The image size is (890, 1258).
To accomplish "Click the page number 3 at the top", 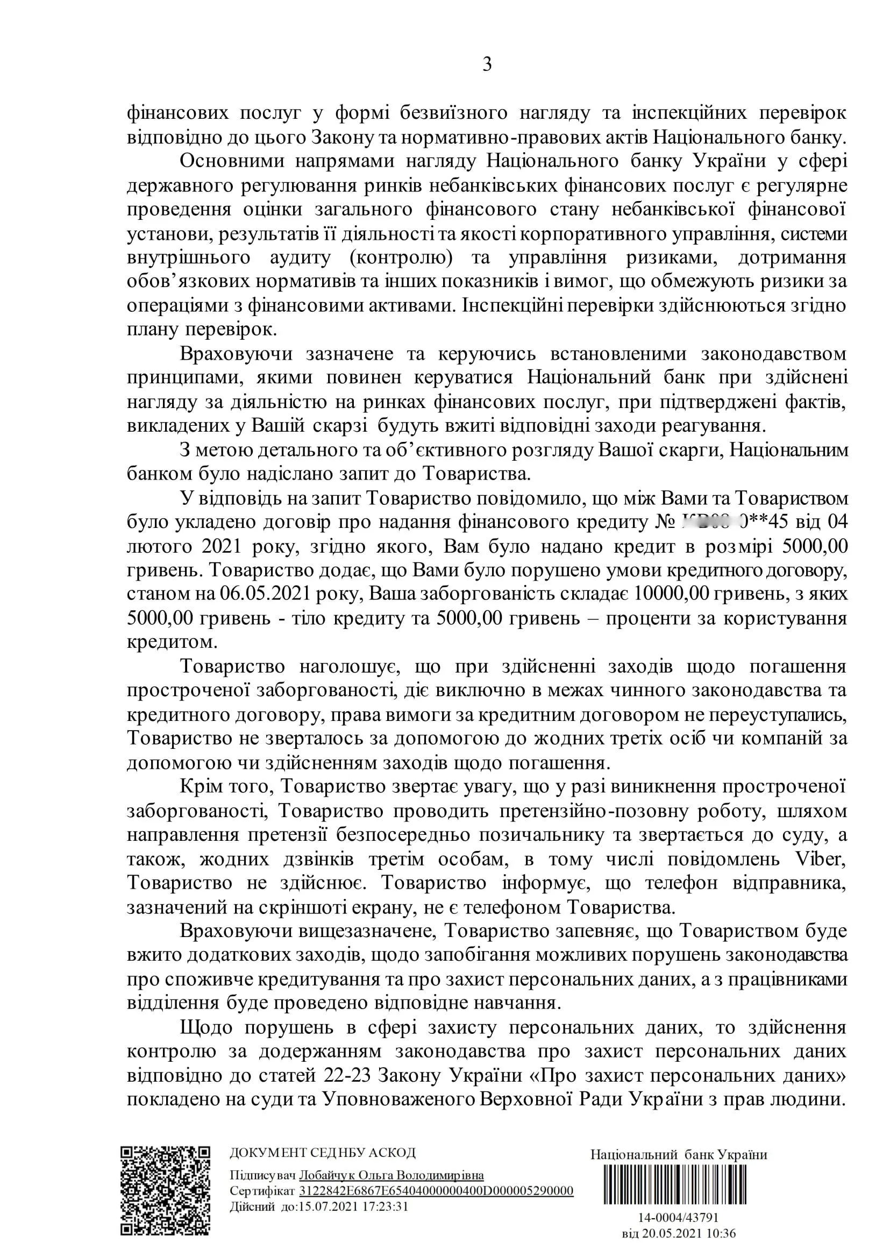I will (487, 65).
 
